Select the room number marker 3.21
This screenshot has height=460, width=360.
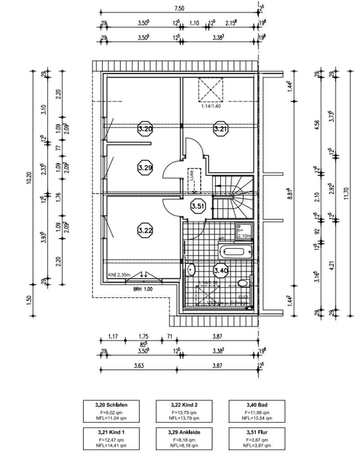(x=220, y=129)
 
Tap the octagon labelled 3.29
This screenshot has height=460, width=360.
(x=145, y=167)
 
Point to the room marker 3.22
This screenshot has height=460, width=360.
(x=145, y=230)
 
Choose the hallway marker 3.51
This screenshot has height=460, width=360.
(x=197, y=206)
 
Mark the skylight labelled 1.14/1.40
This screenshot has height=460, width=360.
(x=210, y=89)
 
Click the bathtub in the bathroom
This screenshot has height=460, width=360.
(x=236, y=250)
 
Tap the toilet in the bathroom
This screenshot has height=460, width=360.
(x=243, y=283)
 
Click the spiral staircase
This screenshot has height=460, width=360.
(x=233, y=196)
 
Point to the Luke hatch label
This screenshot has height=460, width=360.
(x=192, y=175)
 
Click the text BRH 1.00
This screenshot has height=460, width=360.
(x=142, y=290)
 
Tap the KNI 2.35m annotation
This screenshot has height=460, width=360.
(x=119, y=275)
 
